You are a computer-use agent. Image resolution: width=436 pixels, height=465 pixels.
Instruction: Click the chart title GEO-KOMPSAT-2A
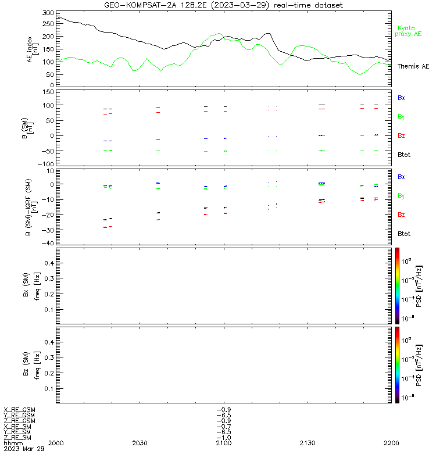click(x=141, y=5)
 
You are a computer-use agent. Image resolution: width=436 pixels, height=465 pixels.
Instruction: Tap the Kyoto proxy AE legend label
click(x=408, y=31)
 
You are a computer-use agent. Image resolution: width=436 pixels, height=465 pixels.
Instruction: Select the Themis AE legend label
click(x=413, y=66)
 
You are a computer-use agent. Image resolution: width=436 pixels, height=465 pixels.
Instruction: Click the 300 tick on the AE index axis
click(x=48, y=13)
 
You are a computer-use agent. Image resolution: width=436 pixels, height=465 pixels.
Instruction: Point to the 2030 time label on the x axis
click(x=140, y=443)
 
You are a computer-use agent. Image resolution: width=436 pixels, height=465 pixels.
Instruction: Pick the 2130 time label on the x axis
click(x=308, y=443)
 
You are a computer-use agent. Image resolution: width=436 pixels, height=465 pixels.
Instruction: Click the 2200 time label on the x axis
click(x=391, y=443)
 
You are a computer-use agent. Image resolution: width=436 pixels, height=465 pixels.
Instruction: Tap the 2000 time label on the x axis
click(x=56, y=443)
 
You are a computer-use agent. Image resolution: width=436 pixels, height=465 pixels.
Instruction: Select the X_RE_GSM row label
click(x=19, y=410)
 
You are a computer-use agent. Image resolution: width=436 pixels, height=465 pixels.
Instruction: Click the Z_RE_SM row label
click(x=17, y=438)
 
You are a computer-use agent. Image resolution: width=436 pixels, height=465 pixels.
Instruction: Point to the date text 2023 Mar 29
click(x=24, y=449)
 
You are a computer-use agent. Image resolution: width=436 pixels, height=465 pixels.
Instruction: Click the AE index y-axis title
click(x=32, y=49)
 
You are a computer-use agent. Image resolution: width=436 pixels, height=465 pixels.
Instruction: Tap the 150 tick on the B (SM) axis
click(x=48, y=92)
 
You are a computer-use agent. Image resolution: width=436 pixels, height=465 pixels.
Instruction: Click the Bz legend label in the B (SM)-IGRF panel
click(x=401, y=214)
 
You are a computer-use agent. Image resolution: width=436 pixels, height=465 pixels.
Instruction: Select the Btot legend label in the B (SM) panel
click(x=404, y=155)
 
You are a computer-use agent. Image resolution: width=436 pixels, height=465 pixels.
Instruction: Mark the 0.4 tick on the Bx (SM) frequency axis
click(x=49, y=263)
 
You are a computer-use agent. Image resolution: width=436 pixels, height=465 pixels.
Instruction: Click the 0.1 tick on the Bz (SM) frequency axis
click(x=49, y=388)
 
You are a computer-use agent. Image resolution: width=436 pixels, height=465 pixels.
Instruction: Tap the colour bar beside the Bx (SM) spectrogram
click(x=397, y=286)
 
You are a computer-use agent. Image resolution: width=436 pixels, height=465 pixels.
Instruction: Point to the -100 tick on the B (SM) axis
click(x=46, y=164)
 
